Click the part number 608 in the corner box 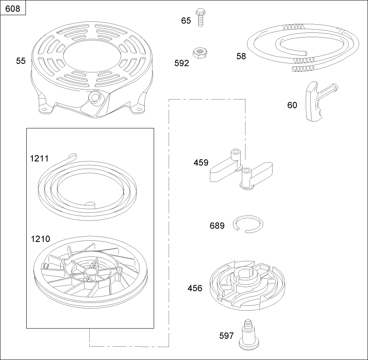pyautogui.click(x=13, y=8)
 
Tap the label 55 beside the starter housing pyautogui.click(x=21, y=61)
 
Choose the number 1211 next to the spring pyautogui.click(x=40, y=158)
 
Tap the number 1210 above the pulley pyautogui.click(x=40, y=239)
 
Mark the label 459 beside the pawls pyautogui.click(x=201, y=163)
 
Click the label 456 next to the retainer pyautogui.click(x=195, y=288)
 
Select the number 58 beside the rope pyautogui.click(x=241, y=56)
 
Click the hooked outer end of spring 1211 pyautogui.click(x=72, y=155)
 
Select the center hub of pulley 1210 pyautogui.click(x=89, y=278)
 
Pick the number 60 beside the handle pyautogui.click(x=292, y=105)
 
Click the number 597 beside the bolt pyautogui.click(x=226, y=336)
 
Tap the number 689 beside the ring pyautogui.click(x=217, y=226)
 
